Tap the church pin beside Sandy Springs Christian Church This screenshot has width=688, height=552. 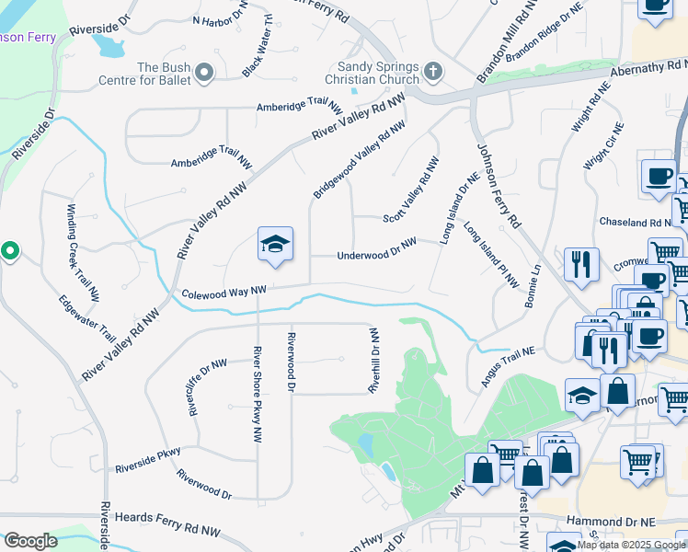[x=433, y=71]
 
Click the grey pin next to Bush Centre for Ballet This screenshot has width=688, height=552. [x=204, y=72]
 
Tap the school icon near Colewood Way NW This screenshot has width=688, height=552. [x=275, y=245]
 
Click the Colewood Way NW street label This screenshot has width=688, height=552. [x=224, y=293]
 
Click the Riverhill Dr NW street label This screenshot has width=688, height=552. [x=374, y=359]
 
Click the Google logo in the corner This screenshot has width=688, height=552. [x=30, y=541]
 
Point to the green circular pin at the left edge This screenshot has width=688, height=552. [x=9, y=250]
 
